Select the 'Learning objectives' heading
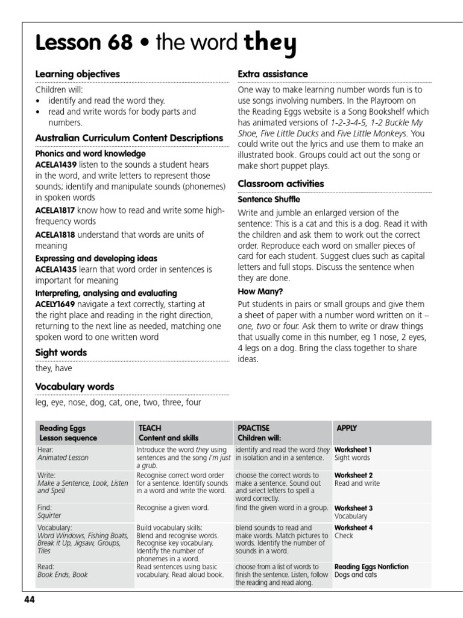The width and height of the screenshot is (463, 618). [x=77, y=74]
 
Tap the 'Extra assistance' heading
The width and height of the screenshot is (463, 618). [x=272, y=74]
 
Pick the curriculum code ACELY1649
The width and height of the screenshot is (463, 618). [x=55, y=304]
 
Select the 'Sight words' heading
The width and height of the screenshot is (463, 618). [x=61, y=352]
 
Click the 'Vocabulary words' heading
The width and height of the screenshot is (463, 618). [x=74, y=387]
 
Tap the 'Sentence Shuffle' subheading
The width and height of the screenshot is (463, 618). [x=268, y=199]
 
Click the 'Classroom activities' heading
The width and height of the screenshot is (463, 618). [x=280, y=183]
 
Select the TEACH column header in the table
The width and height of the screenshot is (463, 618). [x=150, y=428]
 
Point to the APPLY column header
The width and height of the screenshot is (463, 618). [x=347, y=428]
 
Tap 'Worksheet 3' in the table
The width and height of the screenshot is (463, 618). [x=353, y=508]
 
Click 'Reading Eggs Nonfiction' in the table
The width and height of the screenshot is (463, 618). [x=371, y=567]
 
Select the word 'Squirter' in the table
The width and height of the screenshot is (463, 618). [x=51, y=516]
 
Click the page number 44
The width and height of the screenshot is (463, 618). [x=30, y=599]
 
